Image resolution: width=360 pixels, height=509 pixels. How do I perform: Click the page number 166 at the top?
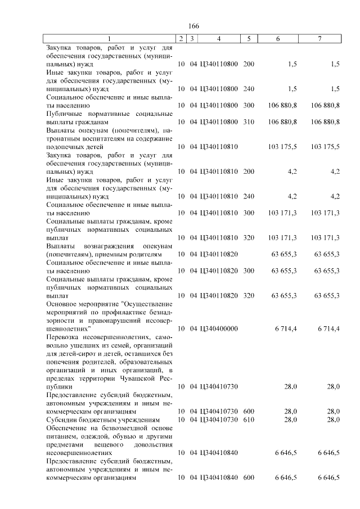(194, 26)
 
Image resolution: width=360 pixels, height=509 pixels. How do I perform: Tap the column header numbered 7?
(319, 39)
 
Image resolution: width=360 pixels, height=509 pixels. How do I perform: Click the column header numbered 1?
(110, 39)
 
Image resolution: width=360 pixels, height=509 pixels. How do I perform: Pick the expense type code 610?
(249, 420)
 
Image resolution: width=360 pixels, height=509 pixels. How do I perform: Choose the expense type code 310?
(249, 121)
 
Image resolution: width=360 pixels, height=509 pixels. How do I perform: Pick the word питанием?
(62, 436)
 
